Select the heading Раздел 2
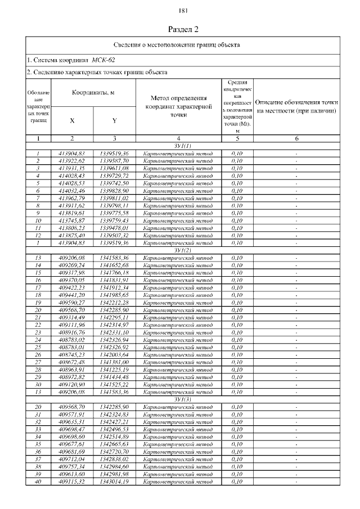pos(184,29)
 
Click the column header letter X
pos(72,120)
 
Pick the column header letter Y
pos(114,120)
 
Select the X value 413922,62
pos(72,160)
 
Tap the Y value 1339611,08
pos(114,168)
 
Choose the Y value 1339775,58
pos(114,213)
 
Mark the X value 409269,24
pos(72,264)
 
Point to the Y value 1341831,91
pos(114,280)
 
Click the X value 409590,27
pos(72,302)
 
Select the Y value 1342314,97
pos(114,325)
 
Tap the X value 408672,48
pos(72,362)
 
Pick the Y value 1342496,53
pos(114,429)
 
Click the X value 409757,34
pos(72,467)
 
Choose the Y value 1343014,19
pos(114,482)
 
